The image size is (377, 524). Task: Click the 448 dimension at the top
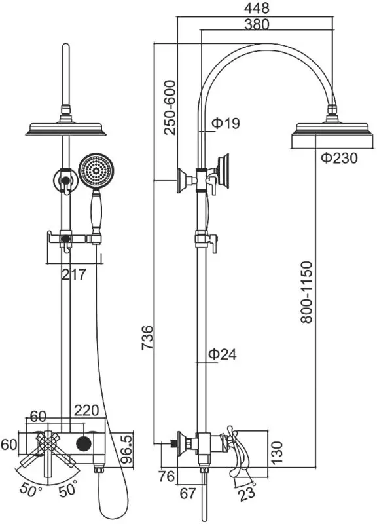(257, 8)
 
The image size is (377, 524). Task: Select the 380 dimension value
(257, 24)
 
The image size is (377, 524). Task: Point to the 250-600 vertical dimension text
(170, 107)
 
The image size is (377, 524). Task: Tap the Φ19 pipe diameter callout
(226, 123)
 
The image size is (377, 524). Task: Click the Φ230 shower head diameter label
(339, 158)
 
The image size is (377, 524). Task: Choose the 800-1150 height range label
(306, 292)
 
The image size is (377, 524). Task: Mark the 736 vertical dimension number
(147, 337)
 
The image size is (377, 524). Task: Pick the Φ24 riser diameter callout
(223, 354)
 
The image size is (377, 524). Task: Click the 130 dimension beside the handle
(277, 453)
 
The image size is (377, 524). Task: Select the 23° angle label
(247, 491)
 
